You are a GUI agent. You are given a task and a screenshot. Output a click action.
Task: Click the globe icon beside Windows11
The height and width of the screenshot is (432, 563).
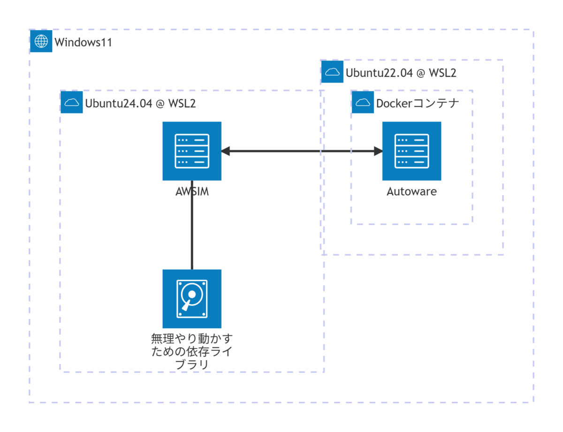[41, 41]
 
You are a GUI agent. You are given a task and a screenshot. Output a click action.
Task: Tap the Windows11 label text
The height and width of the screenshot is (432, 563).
[83, 42]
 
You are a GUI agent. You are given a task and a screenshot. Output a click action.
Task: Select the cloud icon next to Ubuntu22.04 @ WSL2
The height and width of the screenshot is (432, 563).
[332, 71]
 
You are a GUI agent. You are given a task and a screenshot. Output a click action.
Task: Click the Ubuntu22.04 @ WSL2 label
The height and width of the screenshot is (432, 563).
[401, 73]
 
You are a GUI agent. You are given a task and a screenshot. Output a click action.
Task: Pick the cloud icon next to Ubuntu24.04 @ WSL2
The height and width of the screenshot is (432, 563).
[71, 102]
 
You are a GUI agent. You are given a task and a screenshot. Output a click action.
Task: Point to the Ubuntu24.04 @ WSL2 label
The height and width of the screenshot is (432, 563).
[140, 103]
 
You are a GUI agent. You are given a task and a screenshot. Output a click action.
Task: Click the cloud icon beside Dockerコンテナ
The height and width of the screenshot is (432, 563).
[363, 102]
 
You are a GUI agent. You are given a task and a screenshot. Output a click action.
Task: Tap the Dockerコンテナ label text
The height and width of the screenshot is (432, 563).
[418, 103]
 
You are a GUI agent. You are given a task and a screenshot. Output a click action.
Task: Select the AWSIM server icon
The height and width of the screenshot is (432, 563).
[192, 151]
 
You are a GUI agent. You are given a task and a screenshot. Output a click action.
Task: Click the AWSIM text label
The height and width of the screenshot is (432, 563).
[192, 192]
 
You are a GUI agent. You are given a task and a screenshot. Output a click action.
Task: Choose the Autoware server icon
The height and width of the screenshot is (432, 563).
[411, 151]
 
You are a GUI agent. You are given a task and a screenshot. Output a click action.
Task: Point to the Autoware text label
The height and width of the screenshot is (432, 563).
[411, 192]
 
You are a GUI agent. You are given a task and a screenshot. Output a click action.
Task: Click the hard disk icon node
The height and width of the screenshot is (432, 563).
[192, 299]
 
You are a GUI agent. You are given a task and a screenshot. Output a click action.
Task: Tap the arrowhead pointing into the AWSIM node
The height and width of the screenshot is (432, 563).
[225, 151]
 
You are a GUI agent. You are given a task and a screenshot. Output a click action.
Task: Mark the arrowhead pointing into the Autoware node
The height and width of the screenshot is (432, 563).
[378, 151]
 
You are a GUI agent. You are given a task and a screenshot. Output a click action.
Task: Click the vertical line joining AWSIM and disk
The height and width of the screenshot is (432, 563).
[192, 225]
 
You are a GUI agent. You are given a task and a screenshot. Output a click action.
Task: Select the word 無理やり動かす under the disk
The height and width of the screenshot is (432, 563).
[192, 338]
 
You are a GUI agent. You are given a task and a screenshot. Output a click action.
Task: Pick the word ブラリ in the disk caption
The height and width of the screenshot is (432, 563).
[192, 364]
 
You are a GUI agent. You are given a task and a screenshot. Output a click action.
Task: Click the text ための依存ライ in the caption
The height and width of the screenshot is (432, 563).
[192, 351]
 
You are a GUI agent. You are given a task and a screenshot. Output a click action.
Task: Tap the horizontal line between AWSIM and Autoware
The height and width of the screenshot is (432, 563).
[302, 151]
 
